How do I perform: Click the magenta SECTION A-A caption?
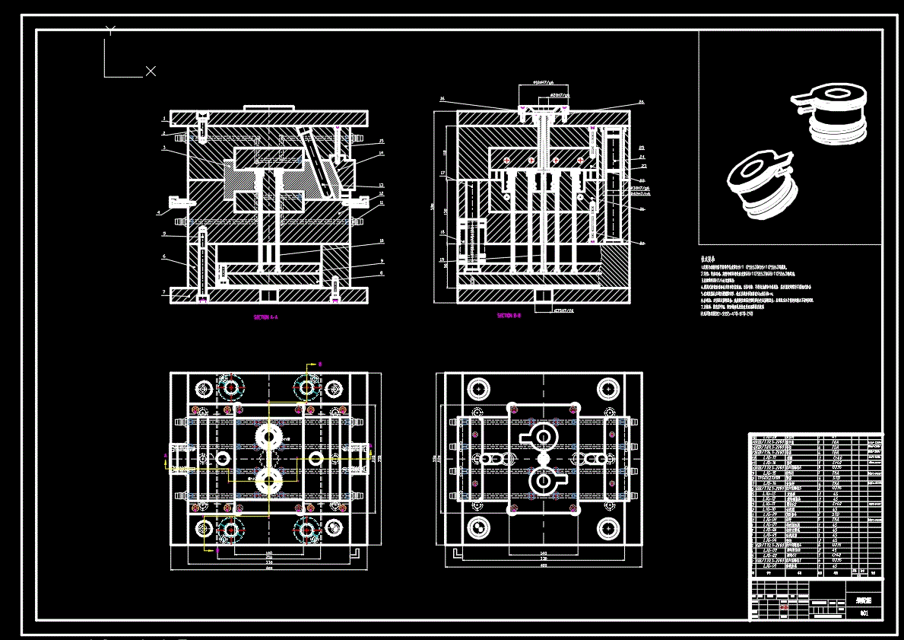(x=265, y=317)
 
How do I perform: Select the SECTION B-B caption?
(x=509, y=315)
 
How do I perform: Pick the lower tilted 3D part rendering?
(x=763, y=186)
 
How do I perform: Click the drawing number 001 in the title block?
(x=864, y=613)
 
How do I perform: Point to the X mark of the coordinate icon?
(x=151, y=71)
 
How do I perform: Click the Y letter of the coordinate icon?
(x=111, y=30)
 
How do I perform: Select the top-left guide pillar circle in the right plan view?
(x=478, y=388)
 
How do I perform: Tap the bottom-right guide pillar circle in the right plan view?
(x=608, y=527)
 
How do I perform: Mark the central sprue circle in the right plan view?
(x=543, y=459)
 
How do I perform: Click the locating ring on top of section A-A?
(x=268, y=108)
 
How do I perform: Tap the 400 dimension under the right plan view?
(x=543, y=565)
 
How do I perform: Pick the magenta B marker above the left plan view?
(x=320, y=365)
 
